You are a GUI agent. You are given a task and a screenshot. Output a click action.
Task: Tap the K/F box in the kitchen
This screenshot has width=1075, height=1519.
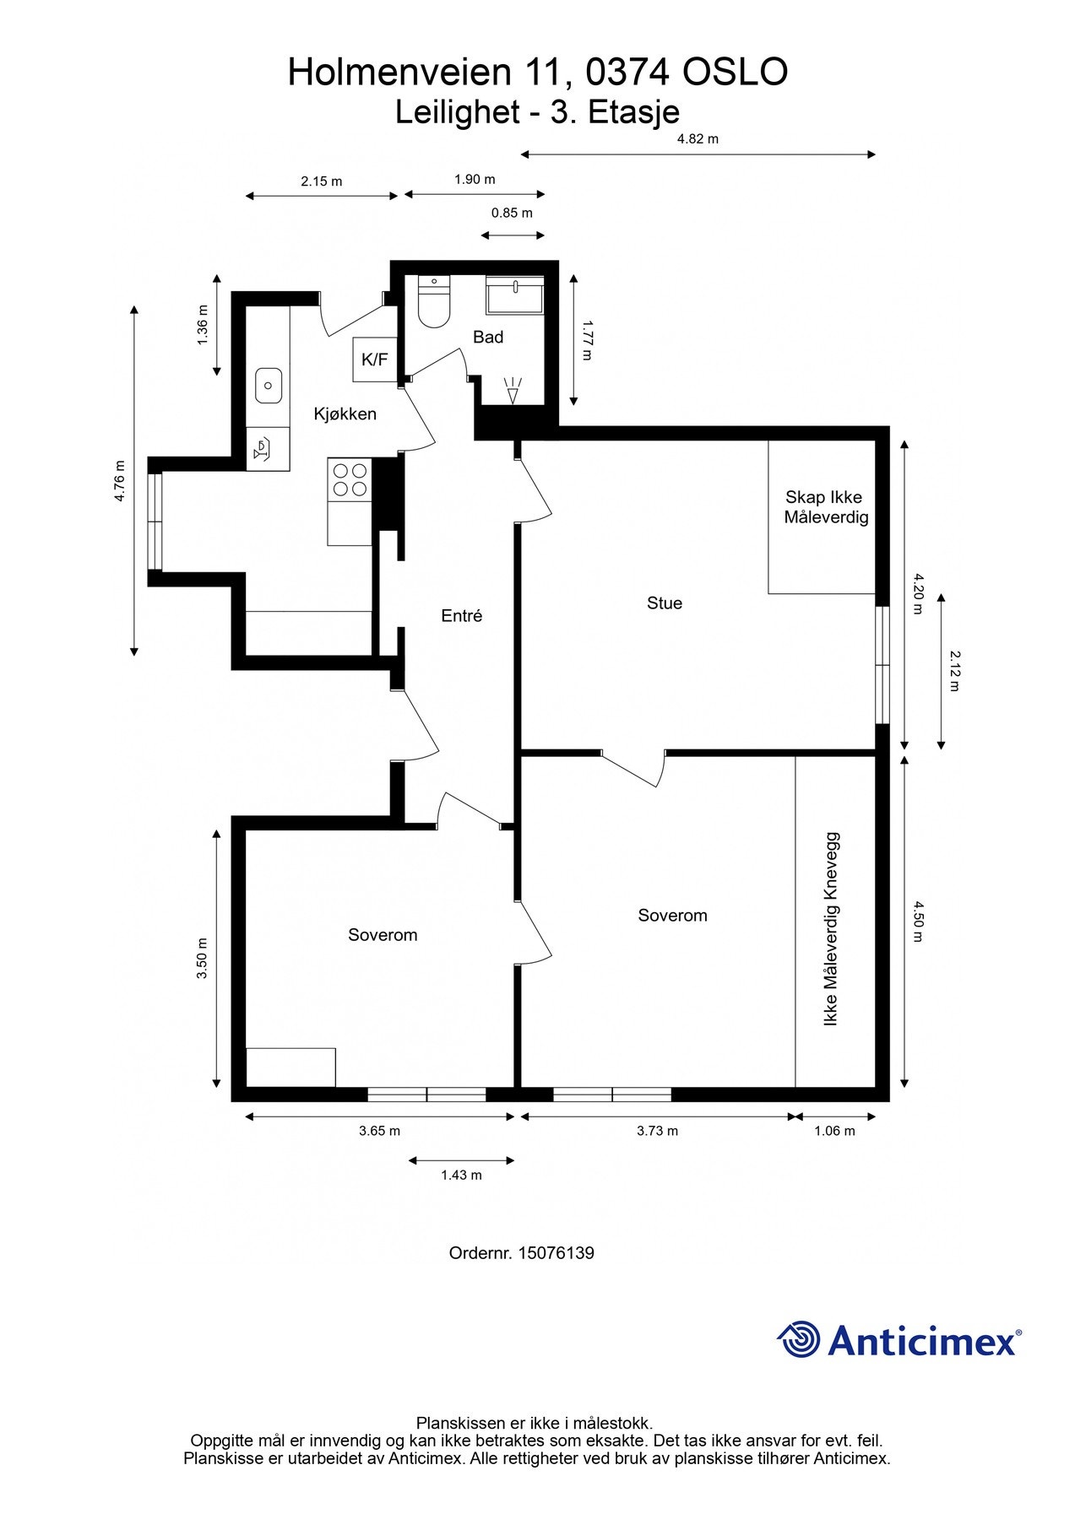pos(374,360)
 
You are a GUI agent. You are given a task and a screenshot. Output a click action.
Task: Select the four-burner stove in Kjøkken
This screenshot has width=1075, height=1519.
pos(350,479)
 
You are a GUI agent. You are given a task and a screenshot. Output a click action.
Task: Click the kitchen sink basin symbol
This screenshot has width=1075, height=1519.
pos(269,386)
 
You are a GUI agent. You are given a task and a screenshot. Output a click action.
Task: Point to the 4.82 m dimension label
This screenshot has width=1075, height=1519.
pos(698,139)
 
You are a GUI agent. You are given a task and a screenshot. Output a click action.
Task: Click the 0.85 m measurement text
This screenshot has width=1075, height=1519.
pos(512,213)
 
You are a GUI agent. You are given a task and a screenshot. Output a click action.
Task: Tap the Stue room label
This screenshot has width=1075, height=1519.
pos(664,603)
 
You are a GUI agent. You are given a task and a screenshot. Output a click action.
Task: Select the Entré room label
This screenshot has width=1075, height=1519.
pos(461,616)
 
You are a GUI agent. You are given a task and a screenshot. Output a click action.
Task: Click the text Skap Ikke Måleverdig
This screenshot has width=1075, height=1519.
pos(825,507)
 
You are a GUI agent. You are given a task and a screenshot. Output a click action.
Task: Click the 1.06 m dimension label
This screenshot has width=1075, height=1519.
pos(834,1131)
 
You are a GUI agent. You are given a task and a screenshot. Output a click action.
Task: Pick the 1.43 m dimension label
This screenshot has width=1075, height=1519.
pos(461,1175)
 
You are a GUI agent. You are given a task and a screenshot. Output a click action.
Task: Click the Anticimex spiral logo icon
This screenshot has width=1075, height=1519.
pos(799,1339)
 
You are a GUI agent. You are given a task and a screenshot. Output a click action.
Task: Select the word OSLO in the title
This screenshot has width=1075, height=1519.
pos(735,73)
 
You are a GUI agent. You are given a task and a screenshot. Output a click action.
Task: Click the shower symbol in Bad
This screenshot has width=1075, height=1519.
pos(513,391)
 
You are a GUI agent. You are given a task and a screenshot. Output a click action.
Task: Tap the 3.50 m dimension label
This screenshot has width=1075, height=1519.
pos(202,958)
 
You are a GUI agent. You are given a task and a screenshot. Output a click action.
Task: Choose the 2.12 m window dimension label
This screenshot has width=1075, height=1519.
pos(954,671)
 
